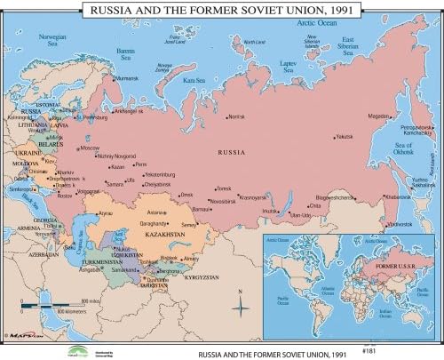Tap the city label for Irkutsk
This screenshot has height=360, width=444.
tap(269, 210)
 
